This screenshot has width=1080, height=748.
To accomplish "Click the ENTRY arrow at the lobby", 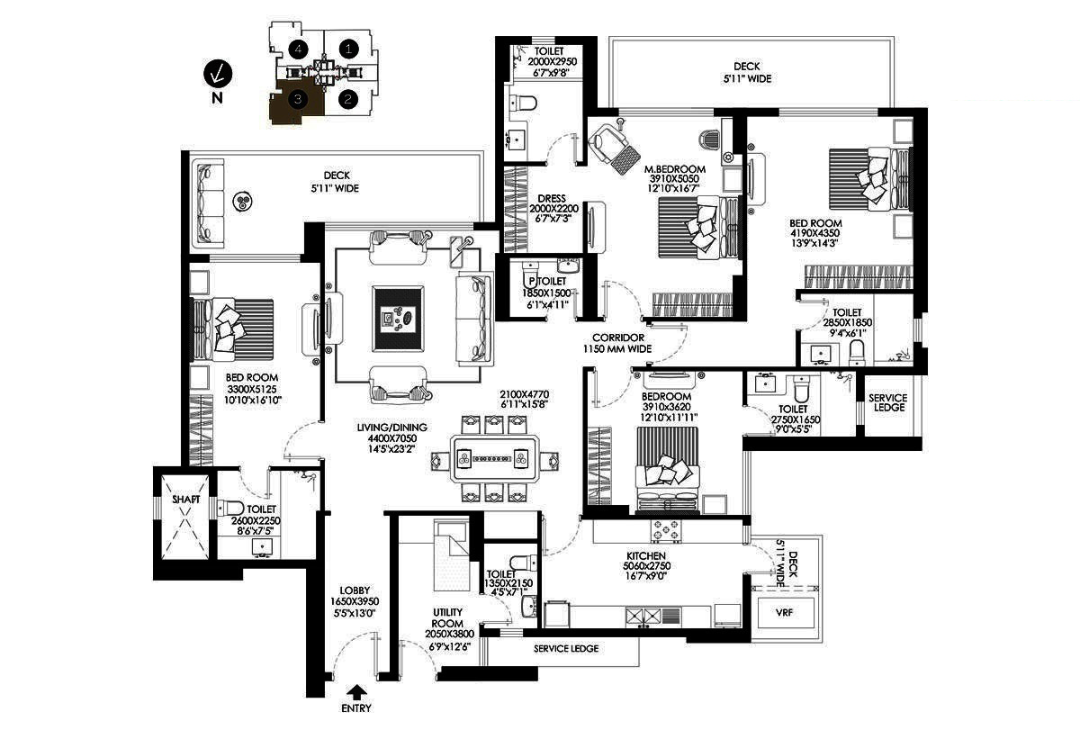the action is (x=356, y=692).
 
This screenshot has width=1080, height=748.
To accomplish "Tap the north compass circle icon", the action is (x=218, y=75).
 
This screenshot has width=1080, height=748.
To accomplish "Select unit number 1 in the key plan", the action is (x=348, y=49).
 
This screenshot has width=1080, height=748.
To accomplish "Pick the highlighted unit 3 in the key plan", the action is (x=297, y=103).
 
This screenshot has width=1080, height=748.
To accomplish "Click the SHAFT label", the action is (x=185, y=500).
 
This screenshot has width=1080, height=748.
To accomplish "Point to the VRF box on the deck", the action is (x=785, y=613).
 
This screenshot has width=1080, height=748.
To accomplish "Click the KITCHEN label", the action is (x=646, y=556).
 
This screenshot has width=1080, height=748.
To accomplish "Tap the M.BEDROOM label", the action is (x=675, y=169).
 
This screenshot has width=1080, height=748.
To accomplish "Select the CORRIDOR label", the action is (x=618, y=338).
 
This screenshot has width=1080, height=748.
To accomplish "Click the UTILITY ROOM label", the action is (x=447, y=617).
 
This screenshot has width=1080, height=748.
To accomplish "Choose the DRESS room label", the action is (x=552, y=199).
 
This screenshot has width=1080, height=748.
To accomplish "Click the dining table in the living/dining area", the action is (x=495, y=459).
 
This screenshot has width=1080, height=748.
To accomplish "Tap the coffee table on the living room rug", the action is (x=398, y=319).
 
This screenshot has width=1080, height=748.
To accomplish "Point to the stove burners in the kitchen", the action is (x=666, y=531).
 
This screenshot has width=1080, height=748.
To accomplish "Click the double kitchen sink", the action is (x=643, y=616).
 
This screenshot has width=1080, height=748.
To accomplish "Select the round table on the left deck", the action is (x=241, y=202).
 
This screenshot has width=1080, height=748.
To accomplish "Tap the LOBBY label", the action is (x=355, y=590).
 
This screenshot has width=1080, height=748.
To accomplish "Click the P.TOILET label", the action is (x=548, y=281).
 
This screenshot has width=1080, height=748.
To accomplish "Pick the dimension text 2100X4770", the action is (x=524, y=394).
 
